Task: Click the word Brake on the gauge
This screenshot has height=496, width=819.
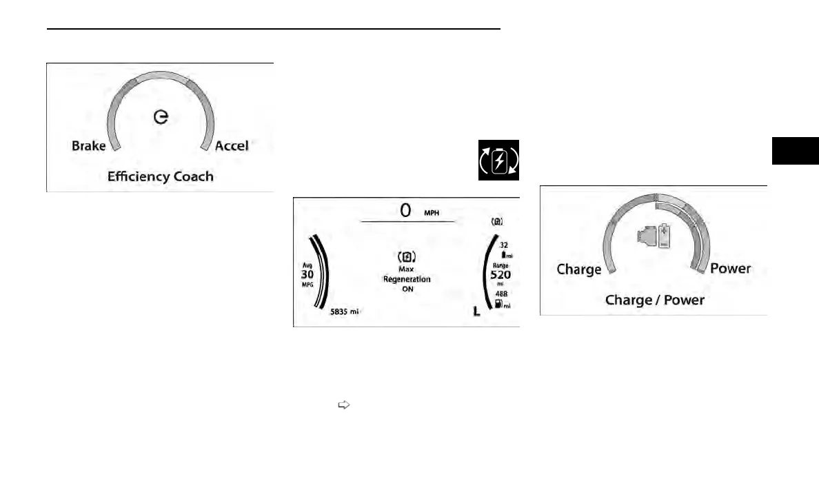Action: pyautogui.click(x=89, y=146)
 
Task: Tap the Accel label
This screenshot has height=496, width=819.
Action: pyautogui.click(x=232, y=145)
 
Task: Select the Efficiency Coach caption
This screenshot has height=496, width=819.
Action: pyautogui.click(x=160, y=176)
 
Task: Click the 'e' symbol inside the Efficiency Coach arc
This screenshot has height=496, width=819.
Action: pyautogui.click(x=161, y=118)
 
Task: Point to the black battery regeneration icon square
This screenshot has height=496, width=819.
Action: pyautogui.click(x=498, y=160)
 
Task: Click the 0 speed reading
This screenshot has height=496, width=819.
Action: pyautogui.click(x=407, y=210)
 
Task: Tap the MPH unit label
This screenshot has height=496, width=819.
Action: pyautogui.click(x=432, y=212)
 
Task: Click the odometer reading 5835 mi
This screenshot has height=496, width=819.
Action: pyautogui.click(x=345, y=311)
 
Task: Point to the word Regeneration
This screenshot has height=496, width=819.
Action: pyautogui.click(x=407, y=280)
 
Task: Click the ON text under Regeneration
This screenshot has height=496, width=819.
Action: pyautogui.click(x=407, y=289)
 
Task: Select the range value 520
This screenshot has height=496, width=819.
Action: pyautogui.click(x=501, y=274)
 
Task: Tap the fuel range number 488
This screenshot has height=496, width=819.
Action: pyautogui.click(x=501, y=293)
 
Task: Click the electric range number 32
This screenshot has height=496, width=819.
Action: pyautogui.click(x=504, y=245)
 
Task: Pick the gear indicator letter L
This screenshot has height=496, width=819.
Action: pyautogui.click(x=477, y=311)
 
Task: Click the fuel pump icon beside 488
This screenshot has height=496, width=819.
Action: pyautogui.click(x=499, y=304)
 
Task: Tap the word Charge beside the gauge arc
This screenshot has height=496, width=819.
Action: pyautogui.click(x=578, y=269)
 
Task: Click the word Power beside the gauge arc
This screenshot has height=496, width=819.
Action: pyautogui.click(x=731, y=269)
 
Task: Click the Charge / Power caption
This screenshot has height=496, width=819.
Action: pyautogui.click(x=654, y=300)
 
